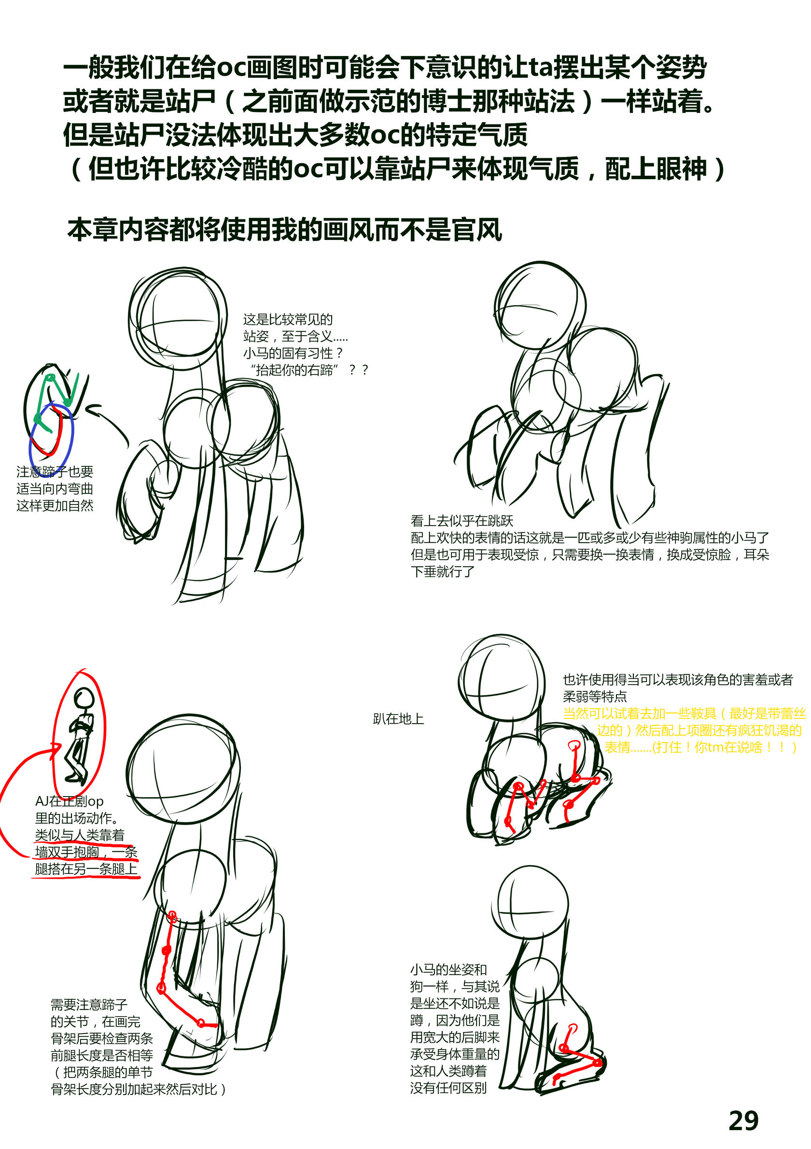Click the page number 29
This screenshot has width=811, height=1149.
tap(743, 1121)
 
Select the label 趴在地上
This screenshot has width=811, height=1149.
tap(398, 719)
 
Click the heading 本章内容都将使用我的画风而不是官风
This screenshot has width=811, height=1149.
tap(285, 230)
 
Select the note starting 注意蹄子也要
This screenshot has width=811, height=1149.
tap(55, 489)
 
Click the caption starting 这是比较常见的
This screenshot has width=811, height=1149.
tap(305, 344)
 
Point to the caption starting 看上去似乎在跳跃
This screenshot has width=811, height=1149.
tap(590, 546)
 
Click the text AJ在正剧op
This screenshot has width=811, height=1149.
tap(69, 801)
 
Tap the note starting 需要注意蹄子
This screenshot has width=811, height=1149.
tap(138, 1047)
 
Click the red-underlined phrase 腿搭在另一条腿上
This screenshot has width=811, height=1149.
tap(86, 869)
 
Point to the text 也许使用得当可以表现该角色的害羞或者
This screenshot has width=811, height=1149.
tap(678, 680)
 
